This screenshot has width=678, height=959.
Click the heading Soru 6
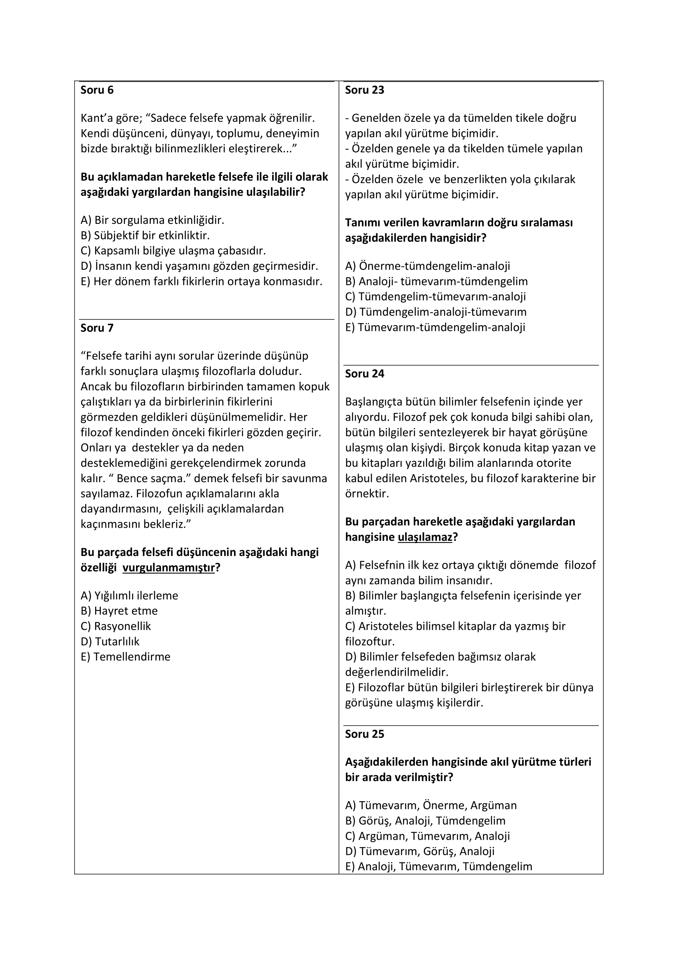[x=97, y=90]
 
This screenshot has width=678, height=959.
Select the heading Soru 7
[x=97, y=328]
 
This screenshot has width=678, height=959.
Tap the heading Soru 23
[x=364, y=90]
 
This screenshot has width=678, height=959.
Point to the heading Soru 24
[x=364, y=374]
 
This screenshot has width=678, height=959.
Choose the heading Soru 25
[x=364, y=734]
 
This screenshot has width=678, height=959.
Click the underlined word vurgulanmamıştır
[x=168, y=567]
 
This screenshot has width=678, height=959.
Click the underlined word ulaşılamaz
[x=425, y=537]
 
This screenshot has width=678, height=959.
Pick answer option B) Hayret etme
[x=119, y=610]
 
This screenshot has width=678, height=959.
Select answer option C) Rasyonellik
[x=116, y=626]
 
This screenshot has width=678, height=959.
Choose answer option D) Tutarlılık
[x=110, y=642]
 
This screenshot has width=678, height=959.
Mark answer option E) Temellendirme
[x=125, y=656]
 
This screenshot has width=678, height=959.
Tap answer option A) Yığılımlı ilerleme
[x=130, y=596]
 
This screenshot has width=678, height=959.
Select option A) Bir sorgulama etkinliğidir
[x=152, y=220]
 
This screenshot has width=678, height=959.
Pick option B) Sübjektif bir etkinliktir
[x=145, y=236]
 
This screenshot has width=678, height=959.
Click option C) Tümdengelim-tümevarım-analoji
[x=435, y=296]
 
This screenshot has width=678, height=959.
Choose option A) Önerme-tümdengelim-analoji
[x=428, y=266]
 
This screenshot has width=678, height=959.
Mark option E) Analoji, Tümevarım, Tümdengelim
[x=438, y=867]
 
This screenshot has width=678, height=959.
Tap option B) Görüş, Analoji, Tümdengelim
[x=425, y=821]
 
